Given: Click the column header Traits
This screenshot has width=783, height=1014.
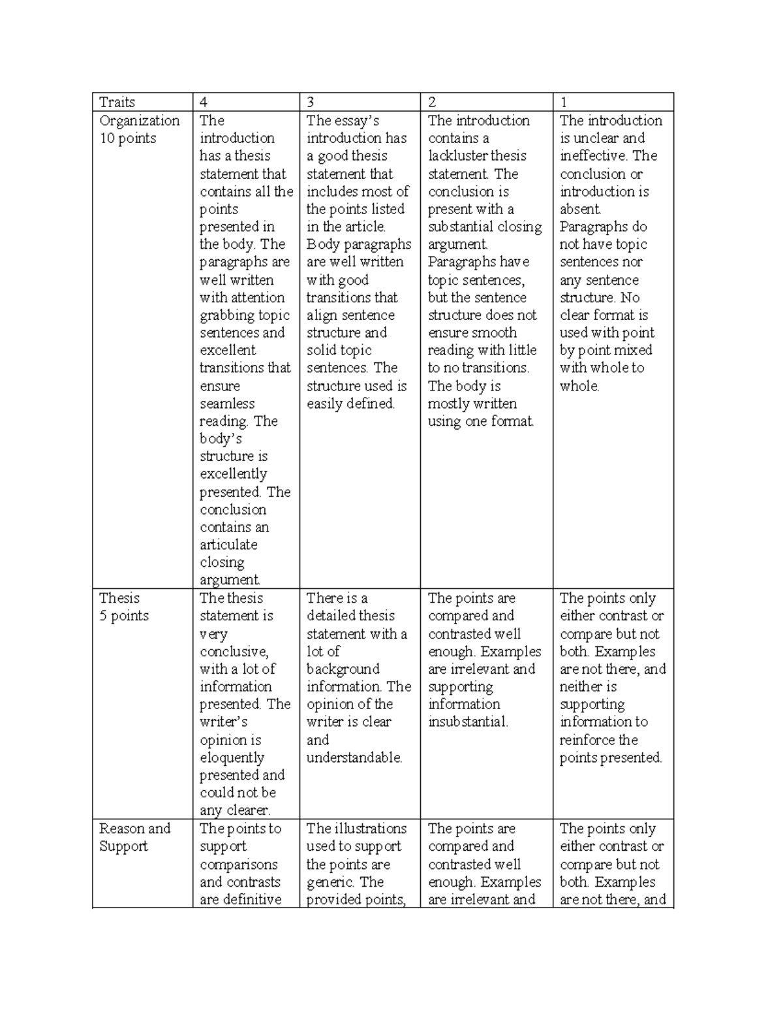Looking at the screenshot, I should coord(117,102).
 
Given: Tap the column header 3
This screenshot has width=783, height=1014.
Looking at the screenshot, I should coord(311,102).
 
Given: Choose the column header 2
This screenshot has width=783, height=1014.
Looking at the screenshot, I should coord(432,102).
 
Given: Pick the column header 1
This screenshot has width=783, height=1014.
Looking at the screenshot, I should coord(564,102).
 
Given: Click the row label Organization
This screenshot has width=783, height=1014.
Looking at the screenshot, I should coord(139,121).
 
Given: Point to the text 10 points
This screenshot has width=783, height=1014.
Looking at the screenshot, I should coord(128,138).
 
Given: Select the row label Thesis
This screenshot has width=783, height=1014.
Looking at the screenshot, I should coord(119,598).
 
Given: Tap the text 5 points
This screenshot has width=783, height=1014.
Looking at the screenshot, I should coord(124,616).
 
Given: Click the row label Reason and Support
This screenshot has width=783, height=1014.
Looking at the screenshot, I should coord(134,837).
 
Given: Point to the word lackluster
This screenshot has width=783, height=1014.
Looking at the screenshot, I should coord(457,156).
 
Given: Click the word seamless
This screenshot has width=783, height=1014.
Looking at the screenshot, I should coord(227,404).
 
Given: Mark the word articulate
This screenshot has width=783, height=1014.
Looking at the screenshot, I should coord(228,545).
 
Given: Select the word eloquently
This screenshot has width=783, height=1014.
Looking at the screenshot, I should coord(232,758).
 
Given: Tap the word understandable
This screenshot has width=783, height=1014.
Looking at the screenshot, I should coord(354,758).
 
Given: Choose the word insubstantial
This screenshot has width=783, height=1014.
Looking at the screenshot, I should coord(467,722).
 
